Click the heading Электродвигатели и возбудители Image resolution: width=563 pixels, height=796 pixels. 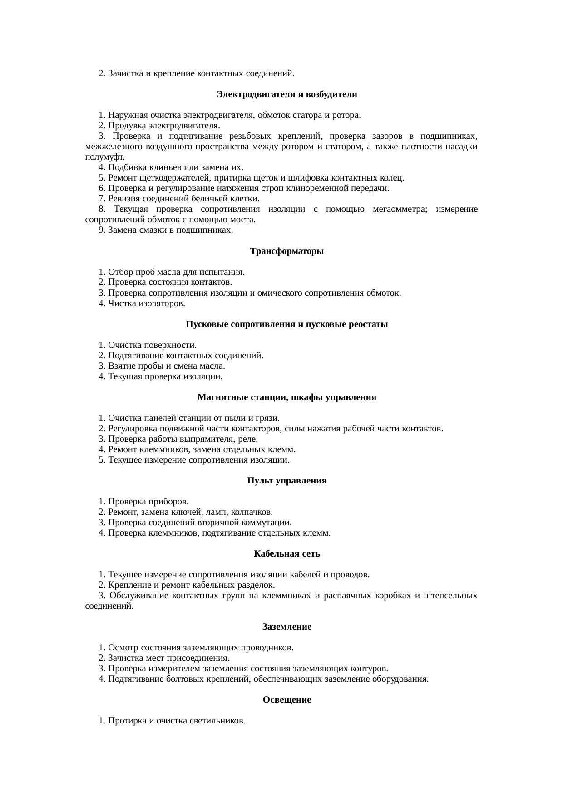coord(286,94)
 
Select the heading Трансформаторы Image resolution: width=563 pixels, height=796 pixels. coord(286,251)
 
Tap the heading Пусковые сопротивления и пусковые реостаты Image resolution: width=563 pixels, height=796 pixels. coord(286,324)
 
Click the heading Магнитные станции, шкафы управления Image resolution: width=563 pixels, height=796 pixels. coord(286,397)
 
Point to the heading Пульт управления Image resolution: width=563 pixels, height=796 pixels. coord(286,481)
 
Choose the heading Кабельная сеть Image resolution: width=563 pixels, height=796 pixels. coord(286,554)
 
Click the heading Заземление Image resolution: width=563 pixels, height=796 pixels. coord(286,627)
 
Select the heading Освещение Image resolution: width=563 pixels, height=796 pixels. coord(286,700)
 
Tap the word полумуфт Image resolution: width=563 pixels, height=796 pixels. coord(104,157)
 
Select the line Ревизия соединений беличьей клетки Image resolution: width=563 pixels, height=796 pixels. coord(179,199)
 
